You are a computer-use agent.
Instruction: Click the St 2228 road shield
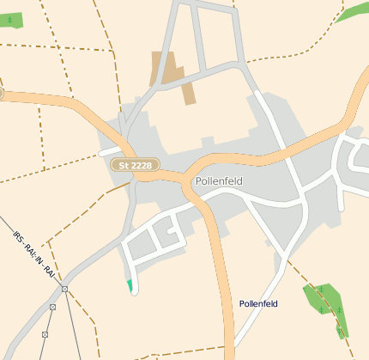pos(135,164)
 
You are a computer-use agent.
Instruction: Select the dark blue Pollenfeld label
pos(258,304)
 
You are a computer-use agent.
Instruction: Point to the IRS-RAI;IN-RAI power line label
pos(34,253)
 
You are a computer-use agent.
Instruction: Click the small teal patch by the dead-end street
pos(130,285)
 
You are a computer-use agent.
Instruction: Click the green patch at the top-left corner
pos(10,20)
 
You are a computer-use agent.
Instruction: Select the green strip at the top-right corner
pos(352,12)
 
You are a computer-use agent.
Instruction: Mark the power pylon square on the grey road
pos(64,289)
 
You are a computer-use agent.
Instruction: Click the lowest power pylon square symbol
pos(45,334)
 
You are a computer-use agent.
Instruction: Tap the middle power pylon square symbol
pos(53,307)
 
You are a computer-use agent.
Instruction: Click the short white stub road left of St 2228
pos(110,154)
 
